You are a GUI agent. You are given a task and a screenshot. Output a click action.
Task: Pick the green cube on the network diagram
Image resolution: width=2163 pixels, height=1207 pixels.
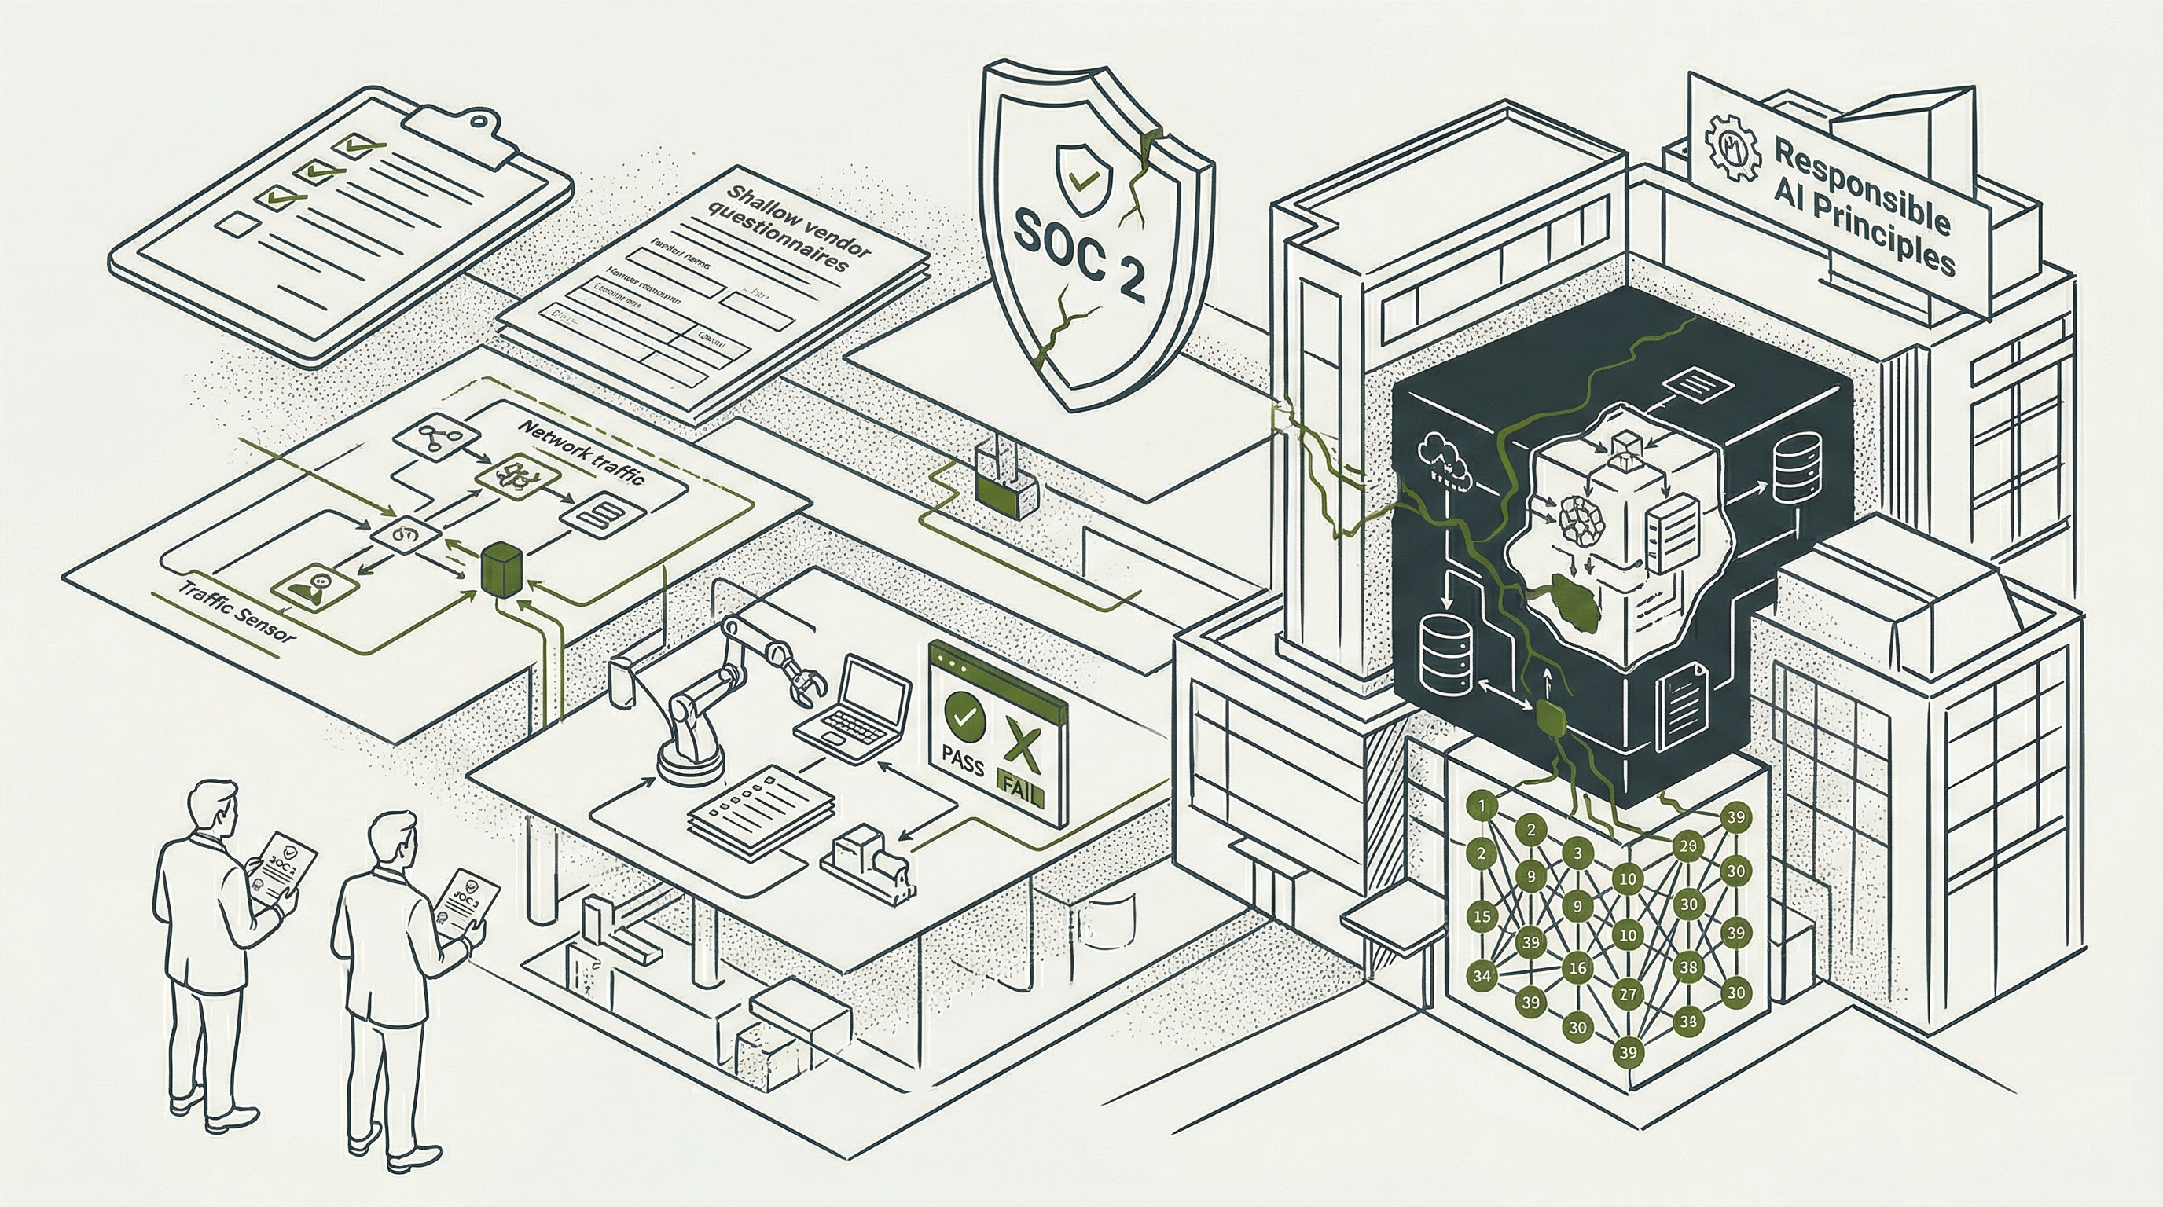click(x=502, y=568)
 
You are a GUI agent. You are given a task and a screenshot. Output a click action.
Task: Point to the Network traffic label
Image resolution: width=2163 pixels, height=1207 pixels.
click(x=582, y=452)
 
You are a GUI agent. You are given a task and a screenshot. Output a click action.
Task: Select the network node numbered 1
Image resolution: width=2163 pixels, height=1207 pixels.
click(x=1482, y=806)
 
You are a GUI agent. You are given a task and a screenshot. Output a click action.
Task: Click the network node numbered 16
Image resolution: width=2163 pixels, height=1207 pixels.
click(x=1577, y=967)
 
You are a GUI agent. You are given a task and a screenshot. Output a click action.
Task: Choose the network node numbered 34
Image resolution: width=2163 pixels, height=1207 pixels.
click(x=1482, y=975)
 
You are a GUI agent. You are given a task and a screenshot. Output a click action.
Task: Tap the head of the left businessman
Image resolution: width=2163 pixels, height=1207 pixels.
click(x=211, y=808)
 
